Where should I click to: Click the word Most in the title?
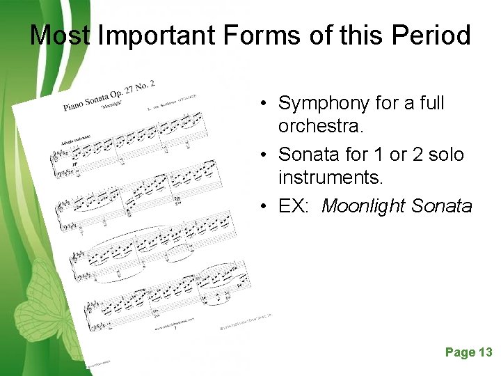coord(61,35)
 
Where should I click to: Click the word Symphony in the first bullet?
coord(324,104)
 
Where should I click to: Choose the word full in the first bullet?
coord(431,104)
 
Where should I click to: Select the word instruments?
coord(331,178)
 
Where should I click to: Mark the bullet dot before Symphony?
coord(267,104)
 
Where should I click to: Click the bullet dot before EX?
coord(267,207)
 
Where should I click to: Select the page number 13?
coord(485,352)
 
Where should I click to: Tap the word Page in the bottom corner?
coord(459,352)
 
